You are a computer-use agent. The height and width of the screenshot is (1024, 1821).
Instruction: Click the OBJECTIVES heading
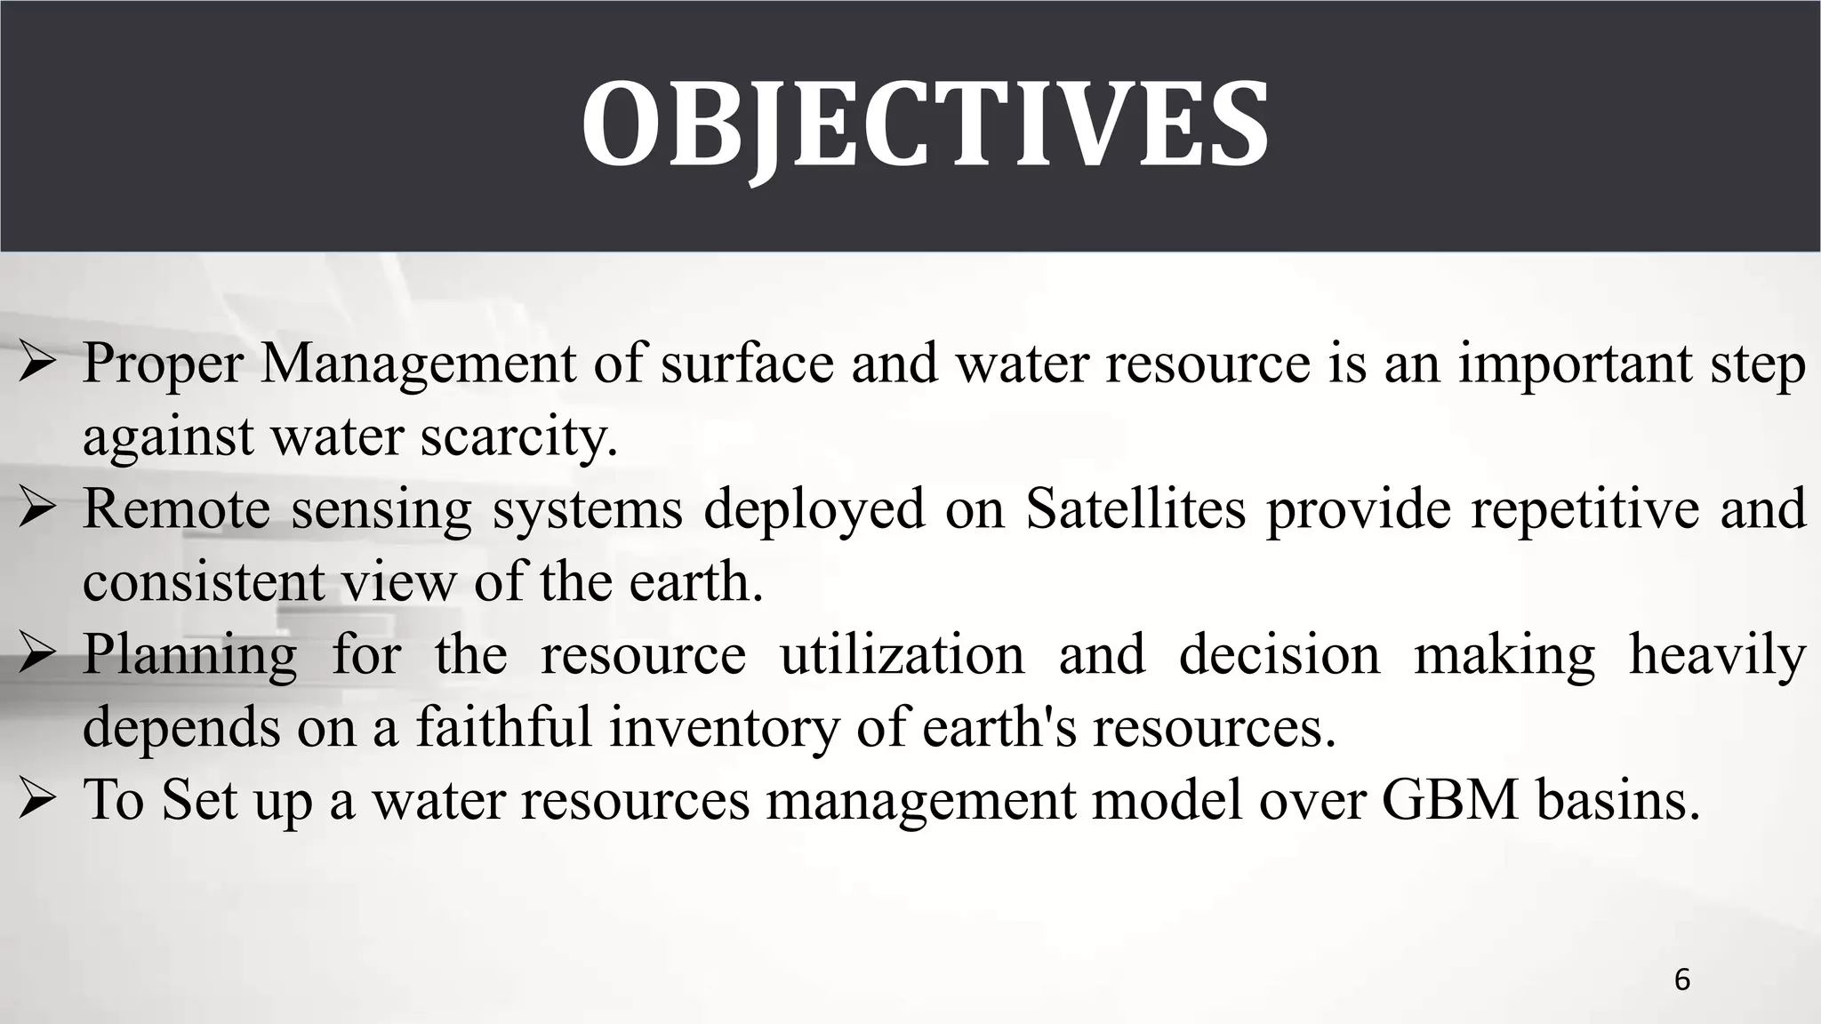click(x=925, y=124)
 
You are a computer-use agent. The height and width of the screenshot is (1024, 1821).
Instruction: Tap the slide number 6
click(x=1682, y=980)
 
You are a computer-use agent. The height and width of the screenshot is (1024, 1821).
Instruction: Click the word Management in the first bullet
click(x=418, y=364)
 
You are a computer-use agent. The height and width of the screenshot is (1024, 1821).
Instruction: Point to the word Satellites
click(x=1135, y=508)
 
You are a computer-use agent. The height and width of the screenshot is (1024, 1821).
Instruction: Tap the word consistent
click(x=204, y=582)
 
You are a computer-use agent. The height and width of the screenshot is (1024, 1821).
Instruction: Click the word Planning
click(x=189, y=656)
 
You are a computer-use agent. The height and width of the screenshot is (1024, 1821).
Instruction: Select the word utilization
click(x=902, y=655)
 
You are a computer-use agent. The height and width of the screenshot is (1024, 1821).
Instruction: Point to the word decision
click(x=1280, y=655)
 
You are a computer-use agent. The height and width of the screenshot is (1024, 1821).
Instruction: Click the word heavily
click(x=1717, y=656)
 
